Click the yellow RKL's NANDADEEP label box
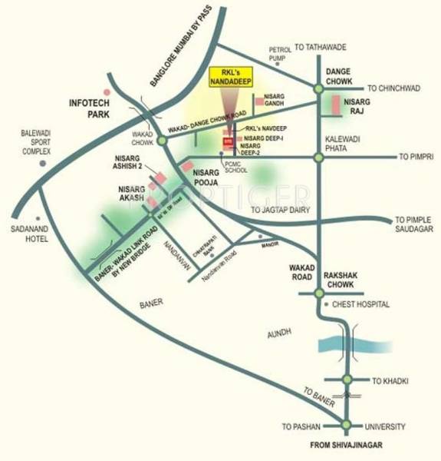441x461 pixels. click(x=232, y=78)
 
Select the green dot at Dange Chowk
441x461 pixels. click(x=320, y=88)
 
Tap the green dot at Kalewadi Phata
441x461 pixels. click(x=319, y=158)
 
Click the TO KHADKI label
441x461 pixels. click(x=387, y=380)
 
